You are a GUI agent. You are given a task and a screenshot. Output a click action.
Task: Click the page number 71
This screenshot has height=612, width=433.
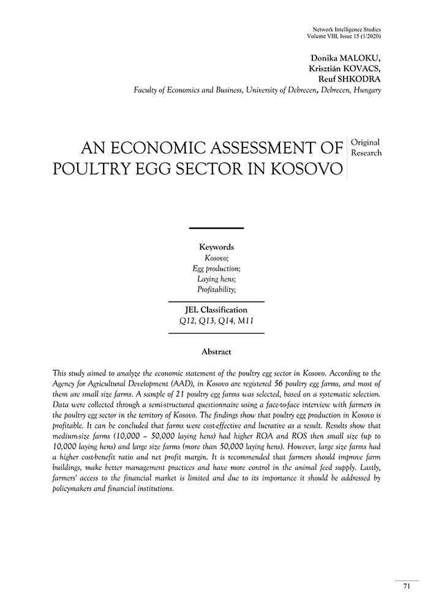[x=407, y=586]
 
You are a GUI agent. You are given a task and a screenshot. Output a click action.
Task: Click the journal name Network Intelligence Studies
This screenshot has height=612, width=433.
[x=347, y=29]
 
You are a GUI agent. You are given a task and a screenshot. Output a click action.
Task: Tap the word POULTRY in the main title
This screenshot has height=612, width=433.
[x=95, y=168]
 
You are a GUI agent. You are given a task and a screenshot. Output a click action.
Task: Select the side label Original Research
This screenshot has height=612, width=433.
[x=366, y=147]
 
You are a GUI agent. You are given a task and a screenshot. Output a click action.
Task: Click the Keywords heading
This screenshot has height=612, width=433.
[x=216, y=247]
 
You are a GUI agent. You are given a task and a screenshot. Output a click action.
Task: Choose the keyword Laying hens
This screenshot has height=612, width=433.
[x=216, y=278]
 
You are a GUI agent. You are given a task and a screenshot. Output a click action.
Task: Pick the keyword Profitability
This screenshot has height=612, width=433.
[x=216, y=289]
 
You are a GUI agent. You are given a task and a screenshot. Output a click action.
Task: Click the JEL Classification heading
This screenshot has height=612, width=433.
[x=216, y=310]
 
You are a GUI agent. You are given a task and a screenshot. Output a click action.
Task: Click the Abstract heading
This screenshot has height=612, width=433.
[x=216, y=352]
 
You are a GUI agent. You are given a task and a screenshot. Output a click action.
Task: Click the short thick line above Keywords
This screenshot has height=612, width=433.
[x=216, y=228]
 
